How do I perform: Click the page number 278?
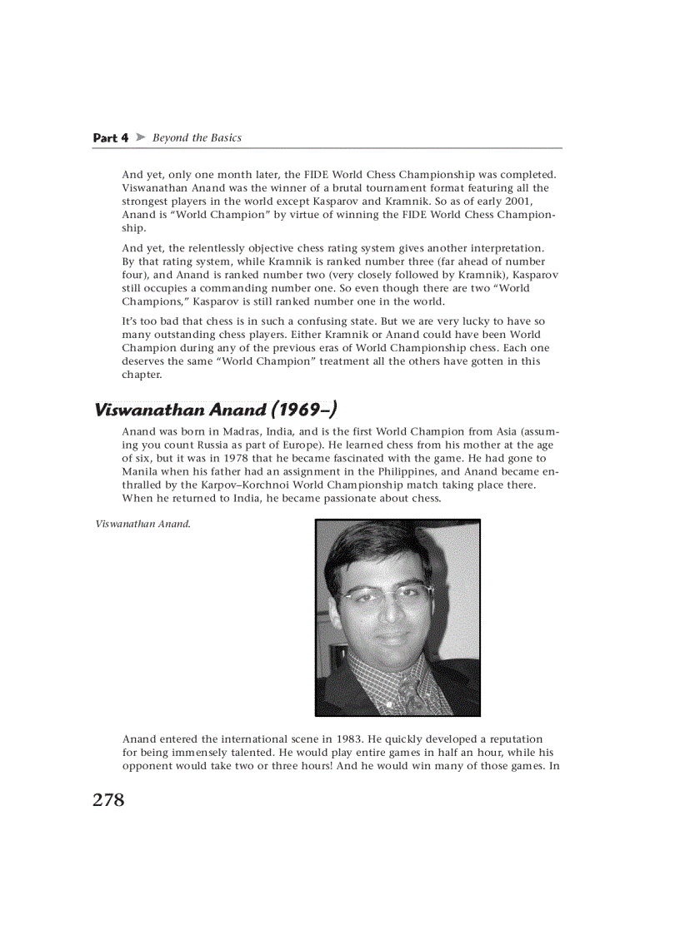(x=108, y=800)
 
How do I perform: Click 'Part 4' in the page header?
(x=110, y=138)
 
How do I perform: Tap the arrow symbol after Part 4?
(x=140, y=137)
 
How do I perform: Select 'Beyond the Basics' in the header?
(x=197, y=137)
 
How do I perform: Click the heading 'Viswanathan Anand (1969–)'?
(x=216, y=410)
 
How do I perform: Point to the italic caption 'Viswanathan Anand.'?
(x=143, y=525)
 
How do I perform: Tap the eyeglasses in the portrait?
(x=390, y=596)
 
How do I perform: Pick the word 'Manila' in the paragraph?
(x=139, y=471)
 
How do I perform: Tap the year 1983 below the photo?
(x=348, y=739)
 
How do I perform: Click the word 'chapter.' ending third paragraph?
(x=142, y=375)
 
